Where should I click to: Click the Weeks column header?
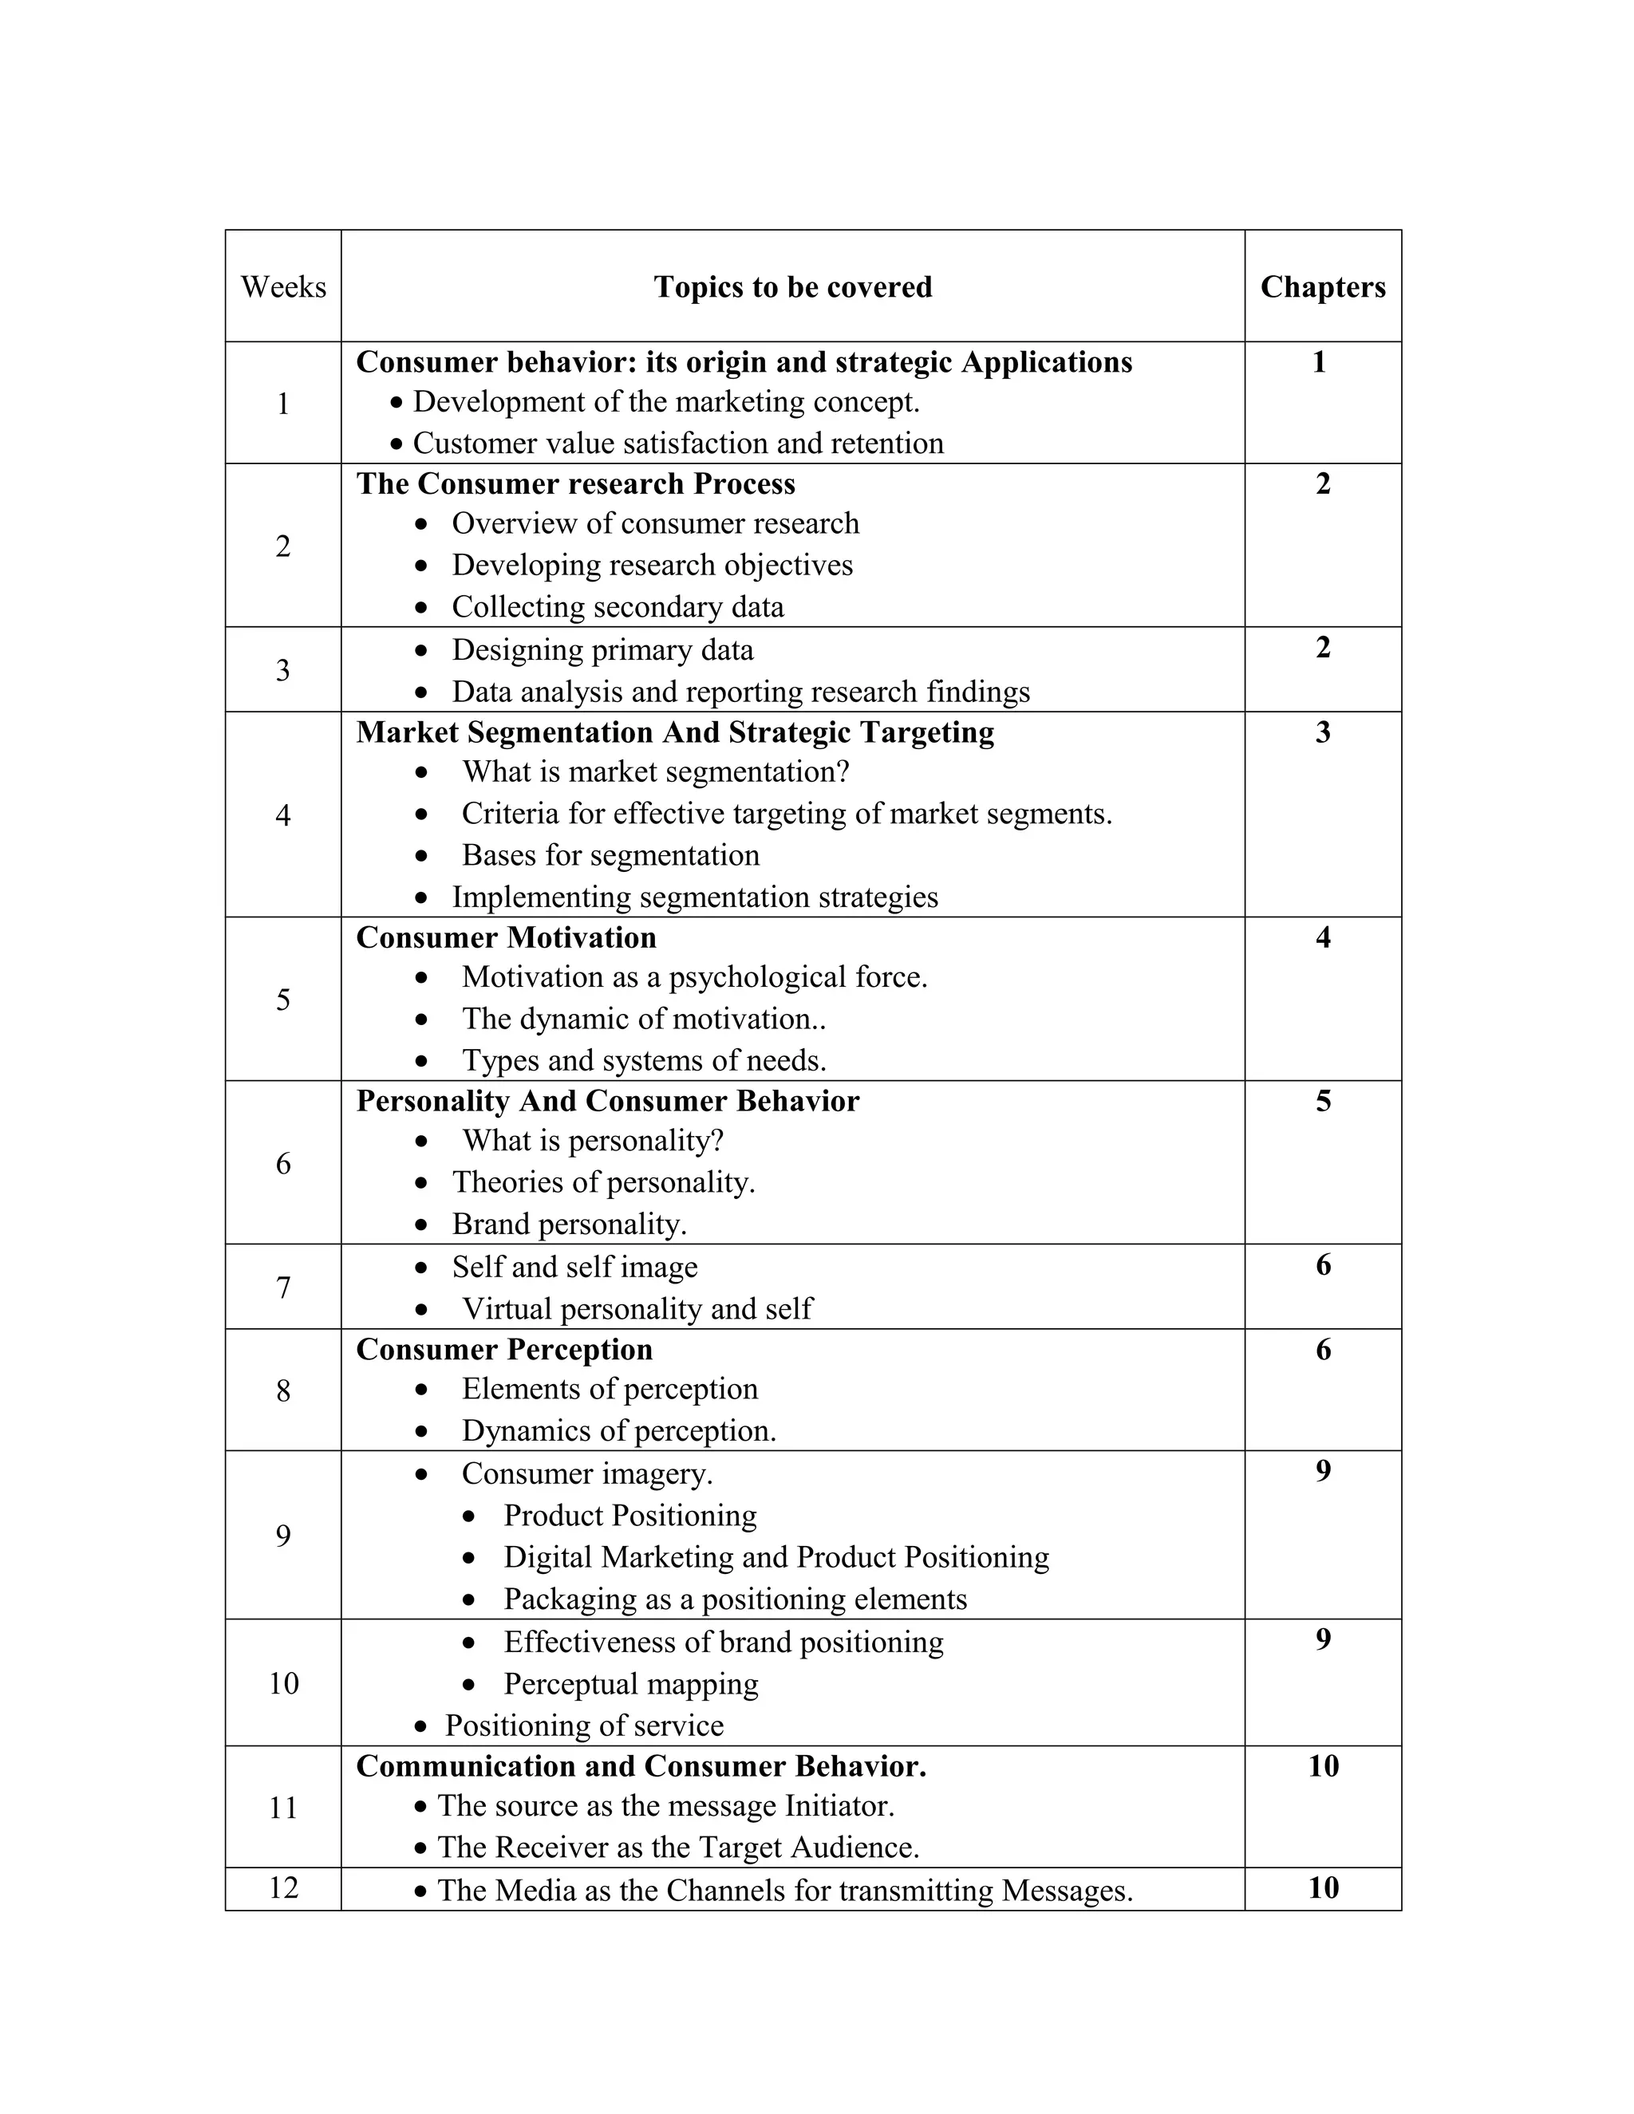point(282,286)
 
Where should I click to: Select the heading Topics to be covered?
point(791,286)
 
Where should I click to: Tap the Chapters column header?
point(1322,286)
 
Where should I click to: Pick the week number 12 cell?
point(282,1887)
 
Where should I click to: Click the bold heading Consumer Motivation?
point(505,937)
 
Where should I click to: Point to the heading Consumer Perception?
point(503,1349)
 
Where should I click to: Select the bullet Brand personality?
point(569,1225)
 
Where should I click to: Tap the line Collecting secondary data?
point(618,607)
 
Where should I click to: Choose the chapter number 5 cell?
point(1322,1101)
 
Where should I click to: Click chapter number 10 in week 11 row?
point(1322,1765)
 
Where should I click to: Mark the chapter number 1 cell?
point(1318,362)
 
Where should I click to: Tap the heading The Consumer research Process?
point(575,483)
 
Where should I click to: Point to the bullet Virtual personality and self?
point(637,1308)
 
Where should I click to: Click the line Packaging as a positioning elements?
point(735,1599)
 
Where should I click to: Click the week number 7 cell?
point(282,1288)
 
